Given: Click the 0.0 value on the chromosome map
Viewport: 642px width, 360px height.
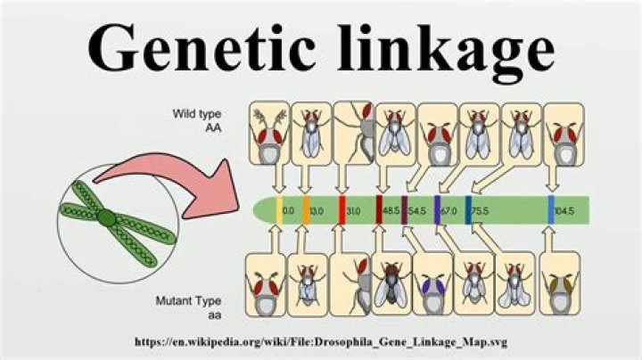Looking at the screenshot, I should pyautogui.click(x=288, y=211).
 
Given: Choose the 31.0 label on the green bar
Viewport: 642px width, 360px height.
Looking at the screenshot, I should pyautogui.click(x=354, y=211).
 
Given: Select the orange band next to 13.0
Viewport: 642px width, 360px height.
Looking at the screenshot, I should pyautogui.click(x=306, y=211).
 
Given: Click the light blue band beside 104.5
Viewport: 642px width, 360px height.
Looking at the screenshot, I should pyautogui.click(x=552, y=211).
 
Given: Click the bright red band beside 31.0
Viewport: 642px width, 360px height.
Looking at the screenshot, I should pyautogui.click(x=342, y=211).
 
